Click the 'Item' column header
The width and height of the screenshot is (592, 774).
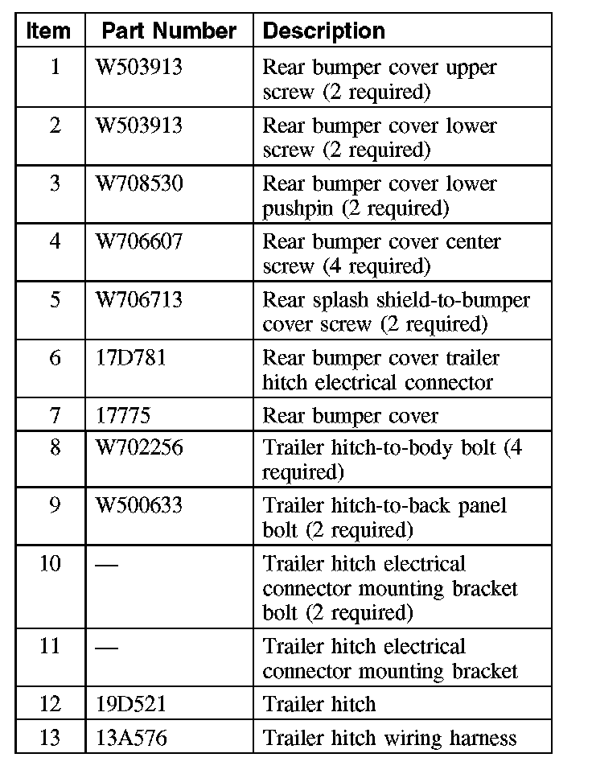(x=49, y=31)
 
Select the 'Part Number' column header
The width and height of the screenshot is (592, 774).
(x=169, y=31)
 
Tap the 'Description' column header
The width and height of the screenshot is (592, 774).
(x=324, y=31)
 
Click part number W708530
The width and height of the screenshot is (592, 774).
(x=139, y=184)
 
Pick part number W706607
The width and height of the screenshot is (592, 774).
(x=139, y=242)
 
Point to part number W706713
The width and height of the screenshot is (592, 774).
(x=139, y=300)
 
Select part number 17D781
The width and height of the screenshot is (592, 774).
(x=130, y=358)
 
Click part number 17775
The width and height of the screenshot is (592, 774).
(x=122, y=416)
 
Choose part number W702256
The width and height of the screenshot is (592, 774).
(x=139, y=447)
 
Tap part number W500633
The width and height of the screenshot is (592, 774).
(x=139, y=505)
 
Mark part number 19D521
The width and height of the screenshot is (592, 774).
(x=130, y=705)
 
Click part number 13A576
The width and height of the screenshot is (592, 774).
(x=131, y=738)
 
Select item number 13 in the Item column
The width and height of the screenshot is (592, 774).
(x=50, y=738)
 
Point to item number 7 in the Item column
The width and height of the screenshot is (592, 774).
(x=55, y=416)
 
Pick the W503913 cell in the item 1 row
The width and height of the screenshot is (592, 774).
(x=139, y=68)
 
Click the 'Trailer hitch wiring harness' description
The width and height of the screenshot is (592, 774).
(x=389, y=738)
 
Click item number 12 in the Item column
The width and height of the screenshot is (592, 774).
(x=50, y=705)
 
